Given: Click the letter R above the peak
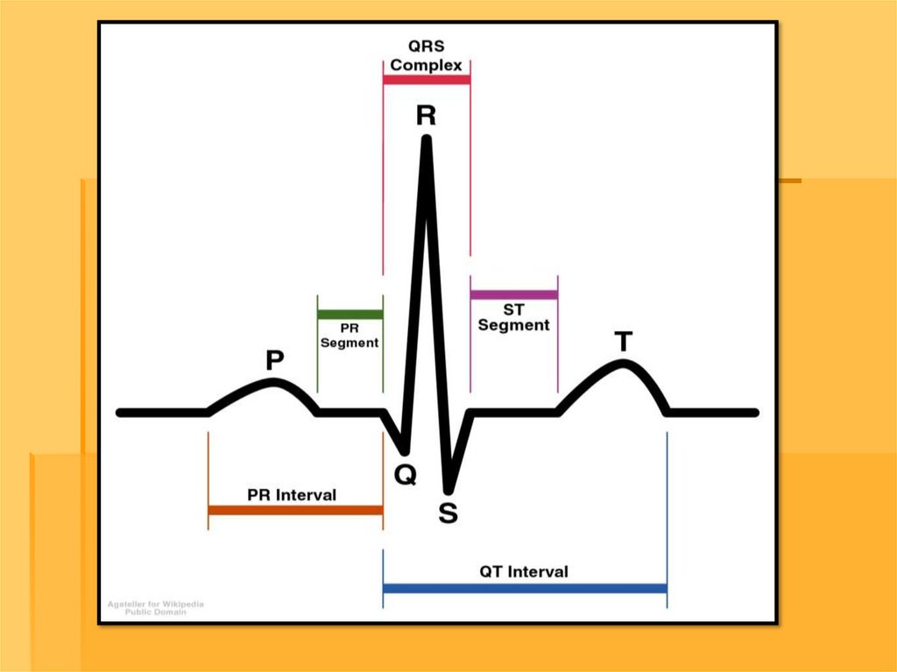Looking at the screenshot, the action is (426, 117).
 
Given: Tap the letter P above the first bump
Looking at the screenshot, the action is (275, 359).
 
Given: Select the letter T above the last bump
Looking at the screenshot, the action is (623, 341).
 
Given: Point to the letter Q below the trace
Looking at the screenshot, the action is (406, 474).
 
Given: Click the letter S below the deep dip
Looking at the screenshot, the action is (448, 513).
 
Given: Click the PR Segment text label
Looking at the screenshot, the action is (350, 336).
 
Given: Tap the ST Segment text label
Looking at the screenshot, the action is (513, 317).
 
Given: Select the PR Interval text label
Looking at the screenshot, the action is (292, 495).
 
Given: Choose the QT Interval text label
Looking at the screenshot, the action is (524, 571).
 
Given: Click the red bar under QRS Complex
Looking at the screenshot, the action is (427, 79).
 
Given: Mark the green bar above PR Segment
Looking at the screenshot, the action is (350, 314).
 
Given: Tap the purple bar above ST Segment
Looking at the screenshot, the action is (513, 294).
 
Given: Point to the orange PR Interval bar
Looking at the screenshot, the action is (295, 510).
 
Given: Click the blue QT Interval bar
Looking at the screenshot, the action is (525, 588).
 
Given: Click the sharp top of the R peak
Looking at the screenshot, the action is (427, 140).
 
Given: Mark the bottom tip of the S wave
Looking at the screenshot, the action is (449, 489).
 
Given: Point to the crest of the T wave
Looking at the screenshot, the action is (623, 364).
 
